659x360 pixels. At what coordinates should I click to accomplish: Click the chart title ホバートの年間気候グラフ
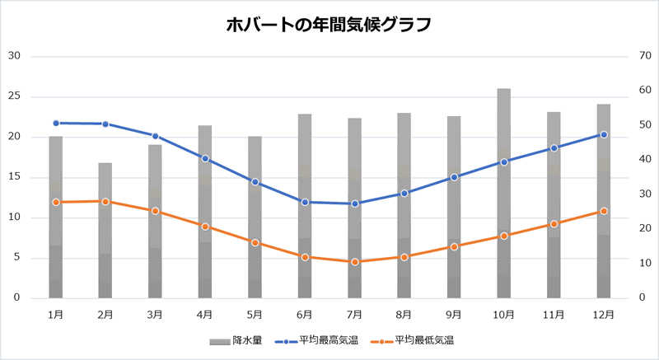(x=329, y=25)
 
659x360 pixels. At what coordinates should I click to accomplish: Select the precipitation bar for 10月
(x=503, y=194)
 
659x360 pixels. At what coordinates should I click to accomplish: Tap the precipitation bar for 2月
(x=105, y=231)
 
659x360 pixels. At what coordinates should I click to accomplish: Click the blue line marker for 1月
(x=56, y=123)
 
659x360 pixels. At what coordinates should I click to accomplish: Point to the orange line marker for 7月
(x=354, y=262)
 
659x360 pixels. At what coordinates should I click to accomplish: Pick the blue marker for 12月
(x=604, y=134)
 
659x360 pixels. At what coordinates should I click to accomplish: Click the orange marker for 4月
(x=205, y=227)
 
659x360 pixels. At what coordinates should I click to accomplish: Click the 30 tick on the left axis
(x=14, y=56)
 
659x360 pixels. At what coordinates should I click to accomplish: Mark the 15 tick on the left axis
(x=14, y=177)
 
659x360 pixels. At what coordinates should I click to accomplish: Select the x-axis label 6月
(x=305, y=314)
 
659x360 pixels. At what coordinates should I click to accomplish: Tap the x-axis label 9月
(x=454, y=314)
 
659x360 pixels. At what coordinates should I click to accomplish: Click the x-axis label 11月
(x=554, y=314)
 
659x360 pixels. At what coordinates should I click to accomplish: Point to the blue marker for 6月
(x=305, y=202)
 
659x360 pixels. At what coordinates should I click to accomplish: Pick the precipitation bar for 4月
(x=205, y=212)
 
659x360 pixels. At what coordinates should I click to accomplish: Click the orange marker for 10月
(x=503, y=236)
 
